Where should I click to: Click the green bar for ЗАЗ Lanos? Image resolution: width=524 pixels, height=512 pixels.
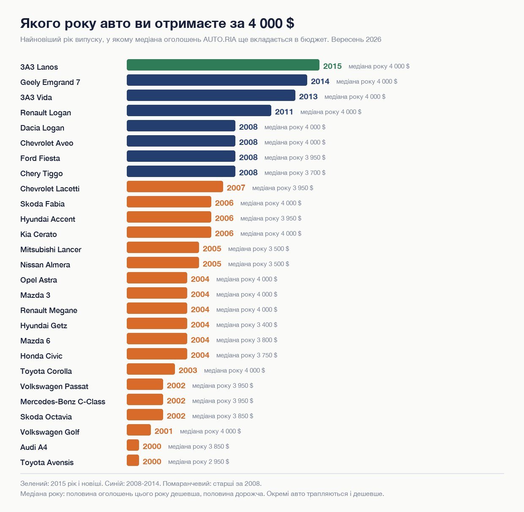click(x=223, y=65)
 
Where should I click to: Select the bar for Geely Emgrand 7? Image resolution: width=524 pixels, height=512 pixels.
click(x=217, y=80)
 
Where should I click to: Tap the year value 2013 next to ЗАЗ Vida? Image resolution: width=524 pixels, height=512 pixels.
click(x=308, y=97)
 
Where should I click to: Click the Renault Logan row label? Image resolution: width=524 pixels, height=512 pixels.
click(x=46, y=112)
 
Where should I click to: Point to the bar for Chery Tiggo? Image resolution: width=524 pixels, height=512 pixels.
click(x=181, y=171)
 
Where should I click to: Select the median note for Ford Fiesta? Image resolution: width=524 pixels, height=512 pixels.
click(x=295, y=158)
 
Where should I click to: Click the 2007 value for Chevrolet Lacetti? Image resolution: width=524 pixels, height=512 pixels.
click(x=236, y=188)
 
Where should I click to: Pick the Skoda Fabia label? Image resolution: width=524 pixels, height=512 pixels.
click(x=43, y=204)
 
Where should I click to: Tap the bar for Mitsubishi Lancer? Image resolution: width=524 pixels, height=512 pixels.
click(x=163, y=248)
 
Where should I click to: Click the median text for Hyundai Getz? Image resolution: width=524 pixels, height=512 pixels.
click(x=247, y=325)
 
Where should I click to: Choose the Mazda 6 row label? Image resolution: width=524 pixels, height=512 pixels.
click(x=35, y=341)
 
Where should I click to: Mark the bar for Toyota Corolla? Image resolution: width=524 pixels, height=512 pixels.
click(x=151, y=369)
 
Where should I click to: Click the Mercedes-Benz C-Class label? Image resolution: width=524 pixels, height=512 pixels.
click(x=63, y=402)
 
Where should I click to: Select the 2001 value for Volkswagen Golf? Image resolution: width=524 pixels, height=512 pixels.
click(x=164, y=431)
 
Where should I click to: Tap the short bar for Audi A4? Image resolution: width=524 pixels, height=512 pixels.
click(x=133, y=445)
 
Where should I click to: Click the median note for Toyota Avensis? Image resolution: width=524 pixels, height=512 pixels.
click(x=199, y=462)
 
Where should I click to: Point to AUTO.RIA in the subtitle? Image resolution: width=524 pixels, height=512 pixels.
click(x=219, y=40)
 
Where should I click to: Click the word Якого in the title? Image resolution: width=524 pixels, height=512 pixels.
click(x=41, y=23)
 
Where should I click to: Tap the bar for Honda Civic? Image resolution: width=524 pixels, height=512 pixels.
click(x=157, y=354)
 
